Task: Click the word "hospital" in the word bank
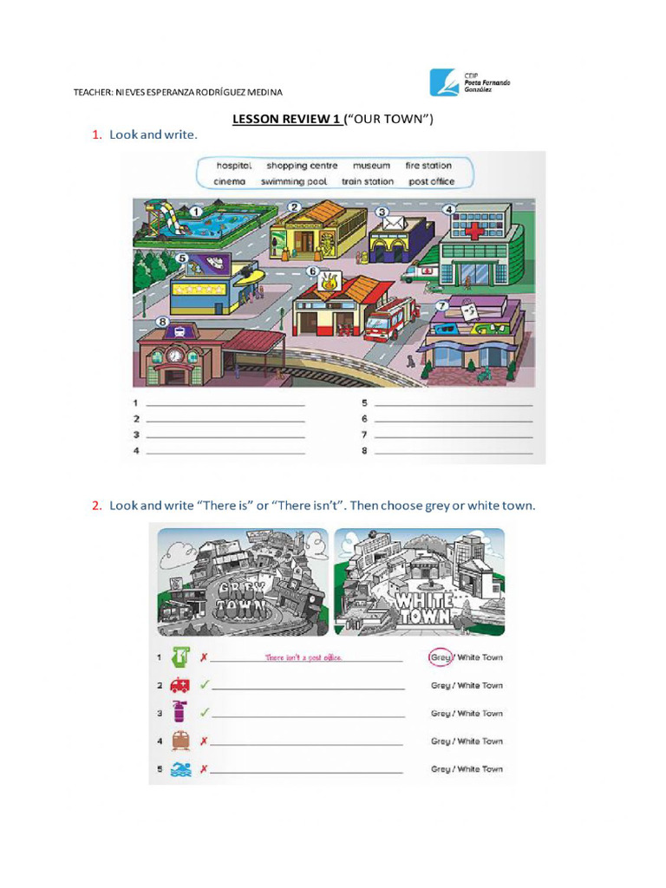[233, 165]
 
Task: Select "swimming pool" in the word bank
[294, 182]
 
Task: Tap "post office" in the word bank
[431, 182]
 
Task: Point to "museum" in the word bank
[371, 165]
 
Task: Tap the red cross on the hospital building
[473, 231]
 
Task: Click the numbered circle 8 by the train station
[162, 322]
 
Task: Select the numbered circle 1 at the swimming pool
[196, 211]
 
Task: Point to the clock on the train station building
[175, 355]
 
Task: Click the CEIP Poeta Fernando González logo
[469, 83]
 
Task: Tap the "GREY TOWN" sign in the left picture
[234, 599]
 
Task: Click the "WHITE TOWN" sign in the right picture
[424, 605]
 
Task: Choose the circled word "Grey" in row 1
[441, 657]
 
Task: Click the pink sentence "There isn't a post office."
[304, 657]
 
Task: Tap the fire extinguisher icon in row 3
[180, 713]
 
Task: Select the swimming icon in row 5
[180, 768]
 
